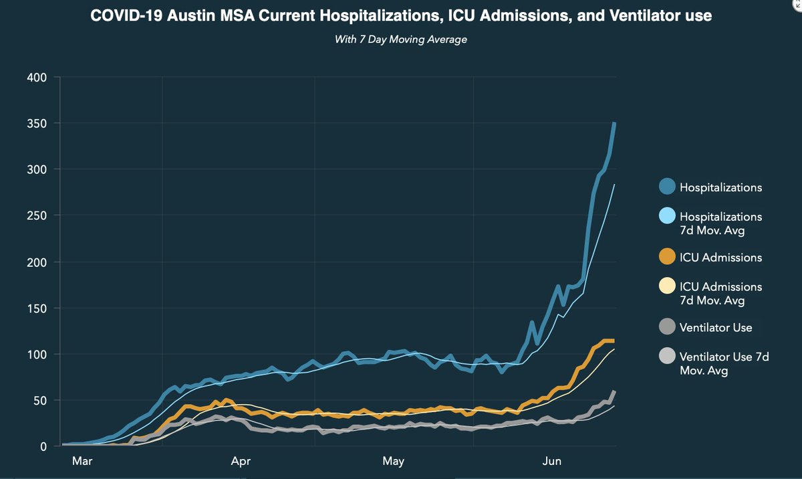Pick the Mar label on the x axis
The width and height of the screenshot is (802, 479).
(82, 461)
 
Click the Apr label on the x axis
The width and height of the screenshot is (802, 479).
(241, 461)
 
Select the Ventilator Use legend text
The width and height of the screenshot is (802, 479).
(716, 327)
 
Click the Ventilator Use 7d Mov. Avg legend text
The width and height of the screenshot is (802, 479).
(723, 363)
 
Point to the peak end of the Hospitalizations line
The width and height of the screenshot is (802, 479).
(614, 124)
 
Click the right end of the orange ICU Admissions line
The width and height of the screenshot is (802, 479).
(613, 341)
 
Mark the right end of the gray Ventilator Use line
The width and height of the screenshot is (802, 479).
(614, 391)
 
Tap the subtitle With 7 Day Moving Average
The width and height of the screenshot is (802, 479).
(400, 39)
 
